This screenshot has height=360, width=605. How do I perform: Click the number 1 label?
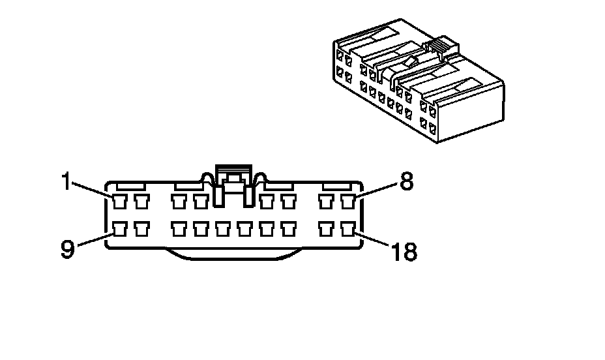(65, 182)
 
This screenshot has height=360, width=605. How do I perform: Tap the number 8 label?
(406, 182)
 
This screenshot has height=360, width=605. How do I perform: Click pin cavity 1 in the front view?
(119, 201)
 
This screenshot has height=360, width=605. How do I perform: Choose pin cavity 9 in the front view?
(119, 229)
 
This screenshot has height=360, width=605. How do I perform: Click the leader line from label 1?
(91, 190)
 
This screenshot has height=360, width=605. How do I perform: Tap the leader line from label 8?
(376, 190)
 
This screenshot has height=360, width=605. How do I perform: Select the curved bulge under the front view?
(235, 255)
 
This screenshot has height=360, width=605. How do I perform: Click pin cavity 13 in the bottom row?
(223, 229)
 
